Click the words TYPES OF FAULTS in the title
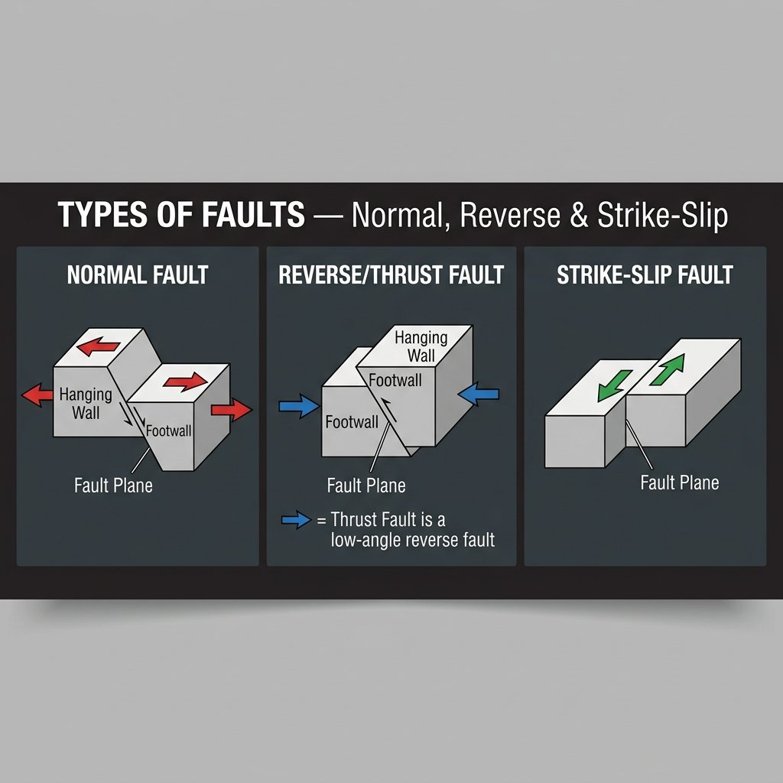[182, 216]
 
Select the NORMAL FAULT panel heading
[138, 275]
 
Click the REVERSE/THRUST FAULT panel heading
[391, 275]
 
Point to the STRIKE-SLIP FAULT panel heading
[645, 275]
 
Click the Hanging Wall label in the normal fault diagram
[86, 404]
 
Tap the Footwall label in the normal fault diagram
[168, 430]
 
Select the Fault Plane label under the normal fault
[113, 485]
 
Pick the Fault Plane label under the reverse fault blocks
[366, 485]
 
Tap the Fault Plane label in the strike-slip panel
[680, 482]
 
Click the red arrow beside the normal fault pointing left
[37, 395]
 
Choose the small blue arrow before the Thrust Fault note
[297, 521]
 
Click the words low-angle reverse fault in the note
[413, 540]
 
